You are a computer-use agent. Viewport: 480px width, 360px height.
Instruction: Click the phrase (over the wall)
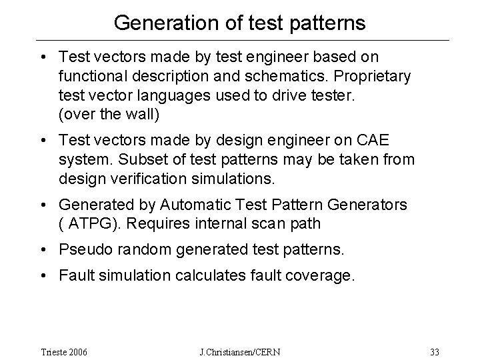tap(109, 114)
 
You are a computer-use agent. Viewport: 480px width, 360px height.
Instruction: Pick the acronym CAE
tap(389, 141)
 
